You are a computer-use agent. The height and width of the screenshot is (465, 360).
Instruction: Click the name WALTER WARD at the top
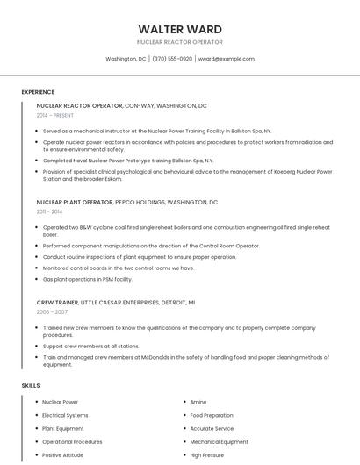pyautogui.click(x=180, y=29)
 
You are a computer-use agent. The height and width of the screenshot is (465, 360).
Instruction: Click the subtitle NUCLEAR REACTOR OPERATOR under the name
pyautogui.click(x=180, y=42)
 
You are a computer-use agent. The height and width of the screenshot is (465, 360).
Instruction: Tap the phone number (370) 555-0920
pyautogui.click(x=172, y=59)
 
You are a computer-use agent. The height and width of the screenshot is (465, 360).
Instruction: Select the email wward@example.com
pyautogui.click(x=226, y=59)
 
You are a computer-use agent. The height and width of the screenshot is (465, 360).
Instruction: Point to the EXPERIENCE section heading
pyautogui.click(x=38, y=92)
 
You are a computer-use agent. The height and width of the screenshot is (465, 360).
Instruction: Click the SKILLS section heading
pyautogui.click(x=30, y=385)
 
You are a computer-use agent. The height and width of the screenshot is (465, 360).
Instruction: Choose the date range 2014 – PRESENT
pyautogui.click(x=56, y=115)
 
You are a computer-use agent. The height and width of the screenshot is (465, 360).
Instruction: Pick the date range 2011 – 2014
pyautogui.click(x=49, y=211)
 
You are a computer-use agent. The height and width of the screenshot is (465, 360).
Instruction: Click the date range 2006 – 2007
pyautogui.click(x=52, y=311)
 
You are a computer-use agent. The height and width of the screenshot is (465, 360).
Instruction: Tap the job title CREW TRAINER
pyautogui.click(x=57, y=302)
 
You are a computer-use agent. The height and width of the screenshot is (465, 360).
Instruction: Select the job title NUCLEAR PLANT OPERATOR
pyautogui.click(x=75, y=202)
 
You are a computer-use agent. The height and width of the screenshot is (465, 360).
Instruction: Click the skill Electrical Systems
pyautogui.click(x=65, y=415)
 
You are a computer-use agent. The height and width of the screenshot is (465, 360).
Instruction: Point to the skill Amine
pyautogui.click(x=198, y=402)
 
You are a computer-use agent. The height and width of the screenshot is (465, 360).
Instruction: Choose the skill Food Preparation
pyautogui.click(x=212, y=415)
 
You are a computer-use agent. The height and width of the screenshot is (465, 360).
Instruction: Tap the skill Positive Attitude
pyautogui.click(x=63, y=455)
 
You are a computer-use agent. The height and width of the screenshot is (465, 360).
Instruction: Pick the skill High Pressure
pyautogui.click(x=208, y=455)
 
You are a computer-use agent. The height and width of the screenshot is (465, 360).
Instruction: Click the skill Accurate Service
pyautogui.click(x=212, y=428)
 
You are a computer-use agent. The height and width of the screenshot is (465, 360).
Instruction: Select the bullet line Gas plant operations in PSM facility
pyautogui.click(x=87, y=279)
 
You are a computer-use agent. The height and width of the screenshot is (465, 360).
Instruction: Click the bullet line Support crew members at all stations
pyautogui.click(x=91, y=346)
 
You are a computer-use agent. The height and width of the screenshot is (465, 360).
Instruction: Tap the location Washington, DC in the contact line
pyautogui.click(x=126, y=59)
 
